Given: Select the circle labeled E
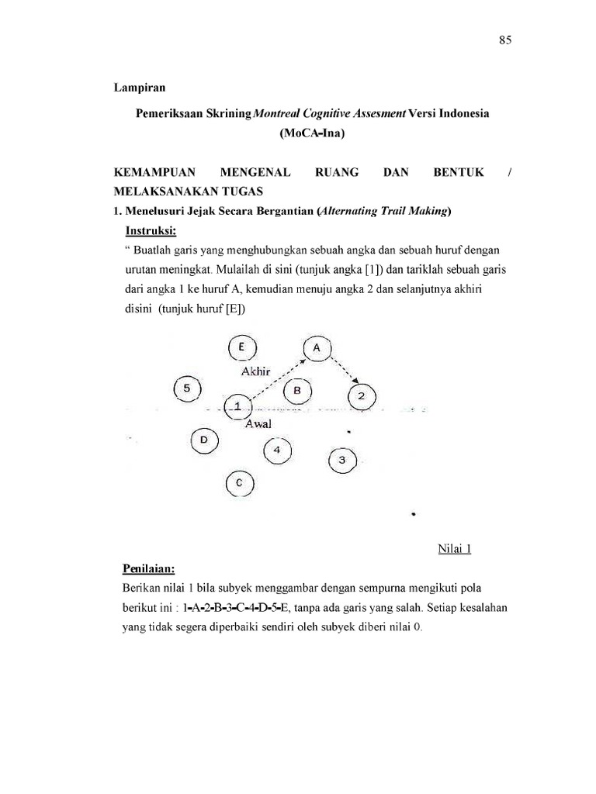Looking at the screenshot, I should (243, 347).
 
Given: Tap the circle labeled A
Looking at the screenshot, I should (317, 349).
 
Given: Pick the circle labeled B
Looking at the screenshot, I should (297, 390).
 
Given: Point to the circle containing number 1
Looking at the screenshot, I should (237, 406).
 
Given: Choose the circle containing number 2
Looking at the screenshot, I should (362, 396).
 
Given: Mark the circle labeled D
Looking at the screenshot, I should (204, 440).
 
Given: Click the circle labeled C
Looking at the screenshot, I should (240, 483).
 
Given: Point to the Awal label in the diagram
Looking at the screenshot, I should (258, 424).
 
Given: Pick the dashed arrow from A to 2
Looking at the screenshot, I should (345, 370).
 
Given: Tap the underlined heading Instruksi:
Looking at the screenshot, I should (151, 231).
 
